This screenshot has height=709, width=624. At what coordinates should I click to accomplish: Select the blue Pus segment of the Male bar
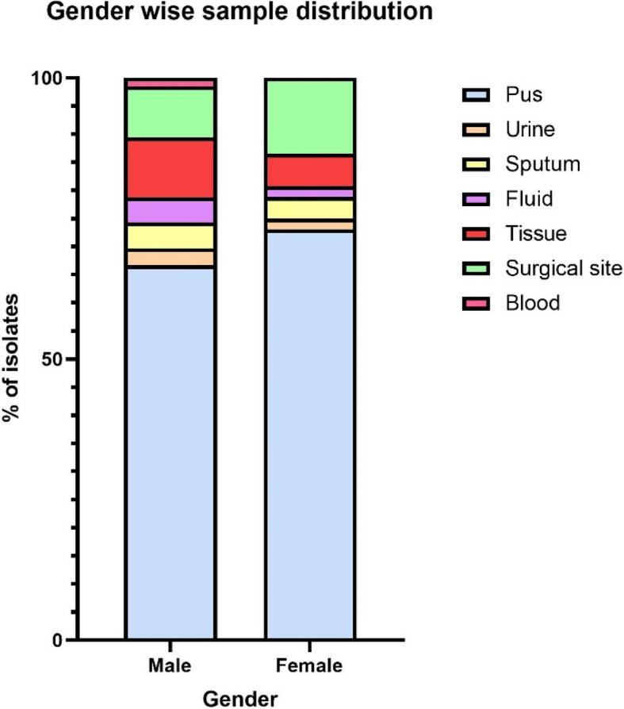coord(170,452)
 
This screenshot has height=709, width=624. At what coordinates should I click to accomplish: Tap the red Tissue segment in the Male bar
coord(170,169)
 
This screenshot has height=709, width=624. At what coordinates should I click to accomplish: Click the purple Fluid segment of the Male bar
coord(170,212)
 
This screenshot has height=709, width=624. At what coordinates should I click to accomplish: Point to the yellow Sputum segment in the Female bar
coord(310,209)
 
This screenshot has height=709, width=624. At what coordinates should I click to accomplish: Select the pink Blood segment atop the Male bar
coord(170,83)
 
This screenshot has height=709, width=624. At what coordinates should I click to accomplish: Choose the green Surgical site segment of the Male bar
coord(170,113)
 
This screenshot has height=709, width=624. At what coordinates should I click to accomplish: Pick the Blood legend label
coord(532,303)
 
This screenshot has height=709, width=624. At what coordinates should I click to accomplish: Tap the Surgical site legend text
coord(563,268)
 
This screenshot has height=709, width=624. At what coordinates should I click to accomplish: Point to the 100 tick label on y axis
coord(48,79)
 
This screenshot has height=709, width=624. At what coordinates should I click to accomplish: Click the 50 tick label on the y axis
coord(52,358)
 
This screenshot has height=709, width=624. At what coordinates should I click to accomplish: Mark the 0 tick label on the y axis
coord(56,639)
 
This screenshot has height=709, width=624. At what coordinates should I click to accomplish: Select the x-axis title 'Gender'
coord(240,699)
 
